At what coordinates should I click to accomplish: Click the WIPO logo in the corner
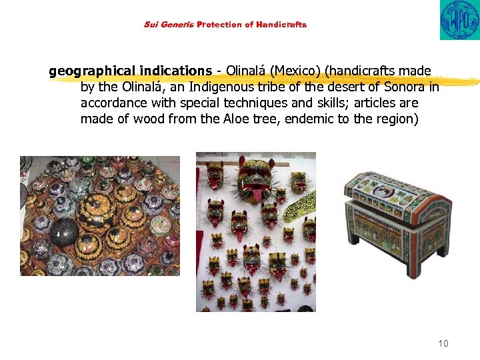(459, 19)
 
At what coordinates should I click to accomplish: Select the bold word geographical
(91, 71)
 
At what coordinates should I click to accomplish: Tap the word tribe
(282, 87)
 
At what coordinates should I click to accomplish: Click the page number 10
(443, 343)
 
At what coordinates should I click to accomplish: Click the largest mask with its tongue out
(255, 173)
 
